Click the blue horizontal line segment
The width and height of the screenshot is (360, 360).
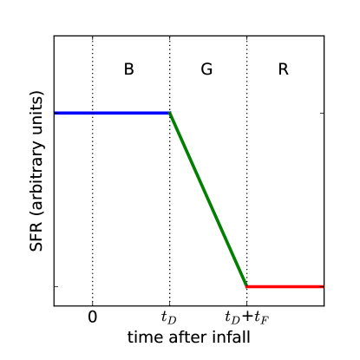(111, 113)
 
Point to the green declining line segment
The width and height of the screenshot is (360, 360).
(208, 200)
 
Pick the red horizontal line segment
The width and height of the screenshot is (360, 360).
(285, 286)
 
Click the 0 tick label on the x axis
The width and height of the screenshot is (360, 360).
(93, 317)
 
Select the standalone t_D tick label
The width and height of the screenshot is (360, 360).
(169, 317)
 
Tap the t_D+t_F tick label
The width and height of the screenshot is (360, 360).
(246, 317)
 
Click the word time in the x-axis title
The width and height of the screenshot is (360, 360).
(145, 337)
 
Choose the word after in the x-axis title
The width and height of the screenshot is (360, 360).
(187, 337)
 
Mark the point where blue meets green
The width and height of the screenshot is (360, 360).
(169, 113)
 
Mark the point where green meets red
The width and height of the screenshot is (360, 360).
(246, 286)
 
